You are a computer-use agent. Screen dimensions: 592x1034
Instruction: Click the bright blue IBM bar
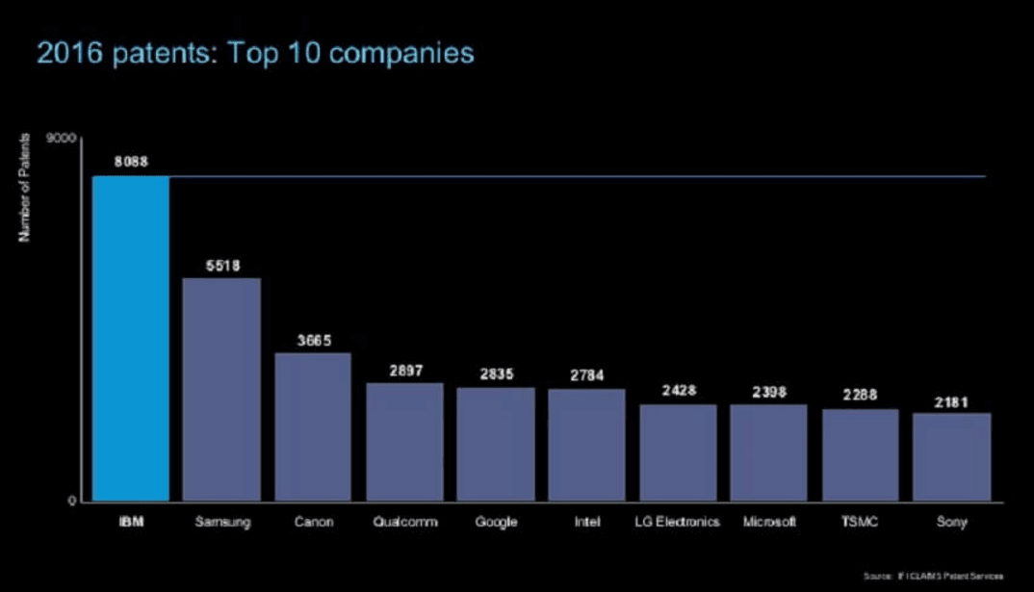pyautogui.click(x=131, y=338)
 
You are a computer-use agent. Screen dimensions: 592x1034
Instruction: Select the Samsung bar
pyautogui.click(x=221, y=389)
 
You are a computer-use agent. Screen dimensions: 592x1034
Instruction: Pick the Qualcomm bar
pyautogui.click(x=404, y=442)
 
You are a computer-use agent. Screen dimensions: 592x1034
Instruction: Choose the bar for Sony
pyautogui.click(x=951, y=456)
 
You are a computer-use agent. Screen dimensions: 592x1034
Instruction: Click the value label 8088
pyautogui.click(x=130, y=162)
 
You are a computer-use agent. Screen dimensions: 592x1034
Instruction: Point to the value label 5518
pyautogui.click(x=222, y=265)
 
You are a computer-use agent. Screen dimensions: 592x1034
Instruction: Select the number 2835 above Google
pyautogui.click(x=496, y=374)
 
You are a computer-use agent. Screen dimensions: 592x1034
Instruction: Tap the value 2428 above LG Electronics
pyautogui.click(x=678, y=391)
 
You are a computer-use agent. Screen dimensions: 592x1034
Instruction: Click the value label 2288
pyautogui.click(x=860, y=395)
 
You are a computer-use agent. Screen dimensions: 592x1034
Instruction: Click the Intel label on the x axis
pyautogui.click(x=586, y=522)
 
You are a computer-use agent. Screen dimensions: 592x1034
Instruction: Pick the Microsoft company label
pyautogui.click(x=769, y=522)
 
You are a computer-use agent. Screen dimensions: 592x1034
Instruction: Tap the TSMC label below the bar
pyautogui.click(x=860, y=522)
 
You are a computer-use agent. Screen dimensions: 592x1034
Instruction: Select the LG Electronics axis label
pyautogui.click(x=678, y=522)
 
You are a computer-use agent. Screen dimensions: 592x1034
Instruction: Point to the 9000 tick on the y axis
pyautogui.click(x=63, y=139)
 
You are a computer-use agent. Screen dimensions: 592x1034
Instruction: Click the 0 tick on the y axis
pyautogui.click(x=71, y=501)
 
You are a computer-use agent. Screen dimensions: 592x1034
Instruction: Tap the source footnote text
pyautogui.click(x=933, y=576)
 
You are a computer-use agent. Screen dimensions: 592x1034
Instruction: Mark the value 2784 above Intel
pyautogui.click(x=586, y=375)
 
